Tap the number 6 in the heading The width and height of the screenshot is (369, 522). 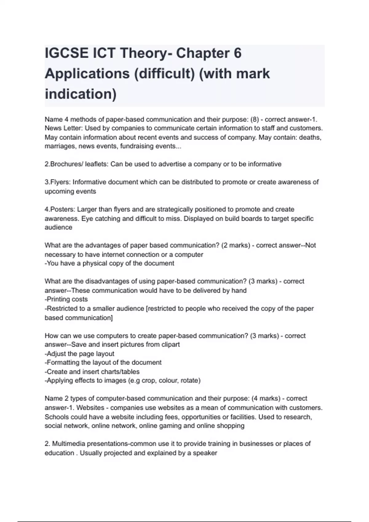pos(237,53)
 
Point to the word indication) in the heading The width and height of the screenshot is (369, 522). pos(81,94)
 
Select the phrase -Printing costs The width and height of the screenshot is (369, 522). pos(66,299)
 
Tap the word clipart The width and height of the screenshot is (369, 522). pos(169,345)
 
